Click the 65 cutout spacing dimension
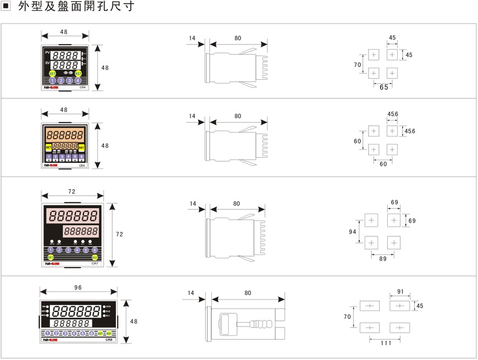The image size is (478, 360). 383,87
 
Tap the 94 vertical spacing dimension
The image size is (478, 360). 353,232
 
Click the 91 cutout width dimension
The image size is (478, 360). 400,292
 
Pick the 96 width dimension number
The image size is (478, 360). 78,287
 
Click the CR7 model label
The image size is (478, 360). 95,264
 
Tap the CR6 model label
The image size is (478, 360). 109,340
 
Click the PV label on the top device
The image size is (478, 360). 47,53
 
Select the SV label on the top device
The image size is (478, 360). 47,64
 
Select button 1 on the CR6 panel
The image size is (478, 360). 48,334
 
